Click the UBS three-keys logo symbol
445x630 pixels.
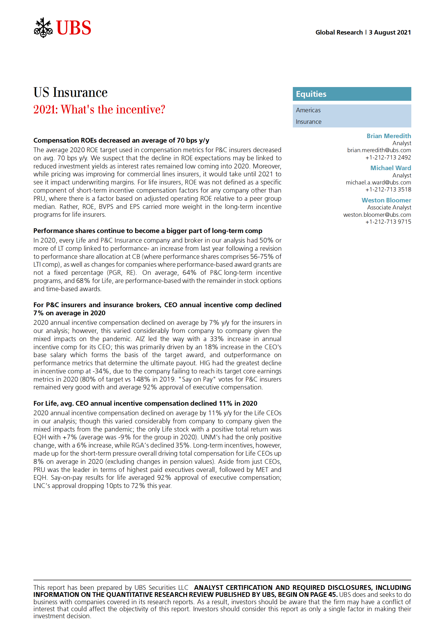tap(43, 28)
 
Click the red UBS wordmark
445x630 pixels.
tap(74, 28)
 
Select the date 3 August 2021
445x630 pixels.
tap(390, 32)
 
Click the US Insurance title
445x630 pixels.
tap(70, 92)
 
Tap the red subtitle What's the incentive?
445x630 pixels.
tap(99, 109)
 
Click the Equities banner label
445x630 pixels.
tap(311, 94)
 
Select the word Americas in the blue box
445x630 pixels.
tap(308, 110)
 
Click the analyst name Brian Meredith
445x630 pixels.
tap(389, 136)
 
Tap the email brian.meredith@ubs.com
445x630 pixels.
tap(379, 150)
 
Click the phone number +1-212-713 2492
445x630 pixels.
tap(388, 157)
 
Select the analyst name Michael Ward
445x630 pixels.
tap(391, 168)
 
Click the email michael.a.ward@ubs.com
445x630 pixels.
tap(378, 182)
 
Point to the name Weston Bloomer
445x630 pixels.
tap(386, 200)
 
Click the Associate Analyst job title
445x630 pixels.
tap(389, 207)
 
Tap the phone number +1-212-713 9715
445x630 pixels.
tap(388, 222)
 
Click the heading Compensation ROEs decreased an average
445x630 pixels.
tap(121, 140)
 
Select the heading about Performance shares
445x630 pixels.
tap(148, 231)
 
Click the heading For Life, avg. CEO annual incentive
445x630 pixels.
tap(145, 403)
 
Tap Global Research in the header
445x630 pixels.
tap(339, 32)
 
